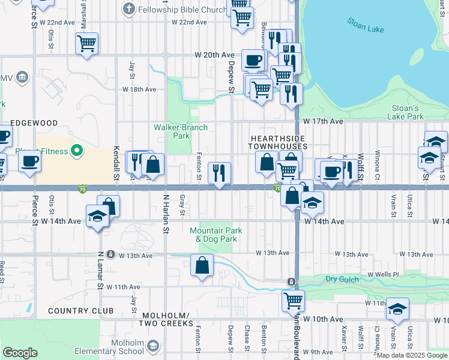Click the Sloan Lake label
[x=367, y=26]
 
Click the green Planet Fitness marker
[x=77, y=150]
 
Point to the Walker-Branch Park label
[x=181, y=131]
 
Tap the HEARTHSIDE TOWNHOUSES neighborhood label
[x=279, y=142]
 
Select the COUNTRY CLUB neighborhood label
[x=80, y=311]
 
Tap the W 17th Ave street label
[x=323, y=121]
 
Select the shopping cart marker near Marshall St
[x=87, y=44]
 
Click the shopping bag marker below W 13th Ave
[x=202, y=265]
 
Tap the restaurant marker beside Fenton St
[x=219, y=173]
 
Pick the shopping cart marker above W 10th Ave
[x=293, y=300]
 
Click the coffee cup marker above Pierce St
[x=29, y=161]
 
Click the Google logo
[x=20, y=353]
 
